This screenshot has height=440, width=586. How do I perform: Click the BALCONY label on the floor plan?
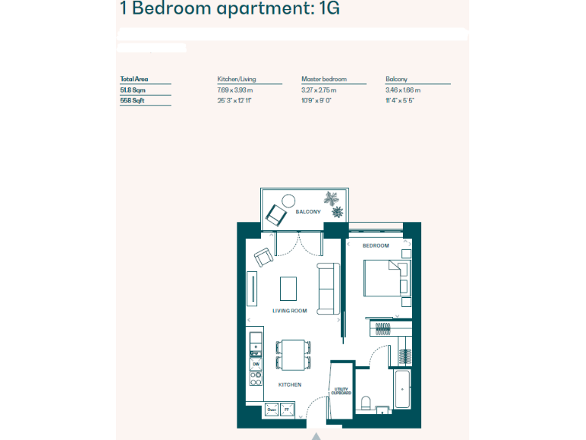(307, 212)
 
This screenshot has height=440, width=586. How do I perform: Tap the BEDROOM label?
(375, 246)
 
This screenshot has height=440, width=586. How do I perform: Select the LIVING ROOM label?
(289, 311)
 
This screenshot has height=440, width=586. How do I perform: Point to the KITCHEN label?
(289, 384)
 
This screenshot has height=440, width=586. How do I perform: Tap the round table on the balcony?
(288, 202)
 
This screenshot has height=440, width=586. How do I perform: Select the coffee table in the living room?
(289, 288)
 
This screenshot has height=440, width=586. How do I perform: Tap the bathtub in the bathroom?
(402, 390)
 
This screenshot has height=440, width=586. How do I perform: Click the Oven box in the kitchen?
(271, 410)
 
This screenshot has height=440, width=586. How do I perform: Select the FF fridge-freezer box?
(286, 410)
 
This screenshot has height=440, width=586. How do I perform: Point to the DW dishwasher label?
(256, 364)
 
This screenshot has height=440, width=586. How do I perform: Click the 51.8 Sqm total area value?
(133, 90)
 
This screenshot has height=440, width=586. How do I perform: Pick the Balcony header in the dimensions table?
(397, 79)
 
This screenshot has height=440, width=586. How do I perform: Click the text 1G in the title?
(327, 10)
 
